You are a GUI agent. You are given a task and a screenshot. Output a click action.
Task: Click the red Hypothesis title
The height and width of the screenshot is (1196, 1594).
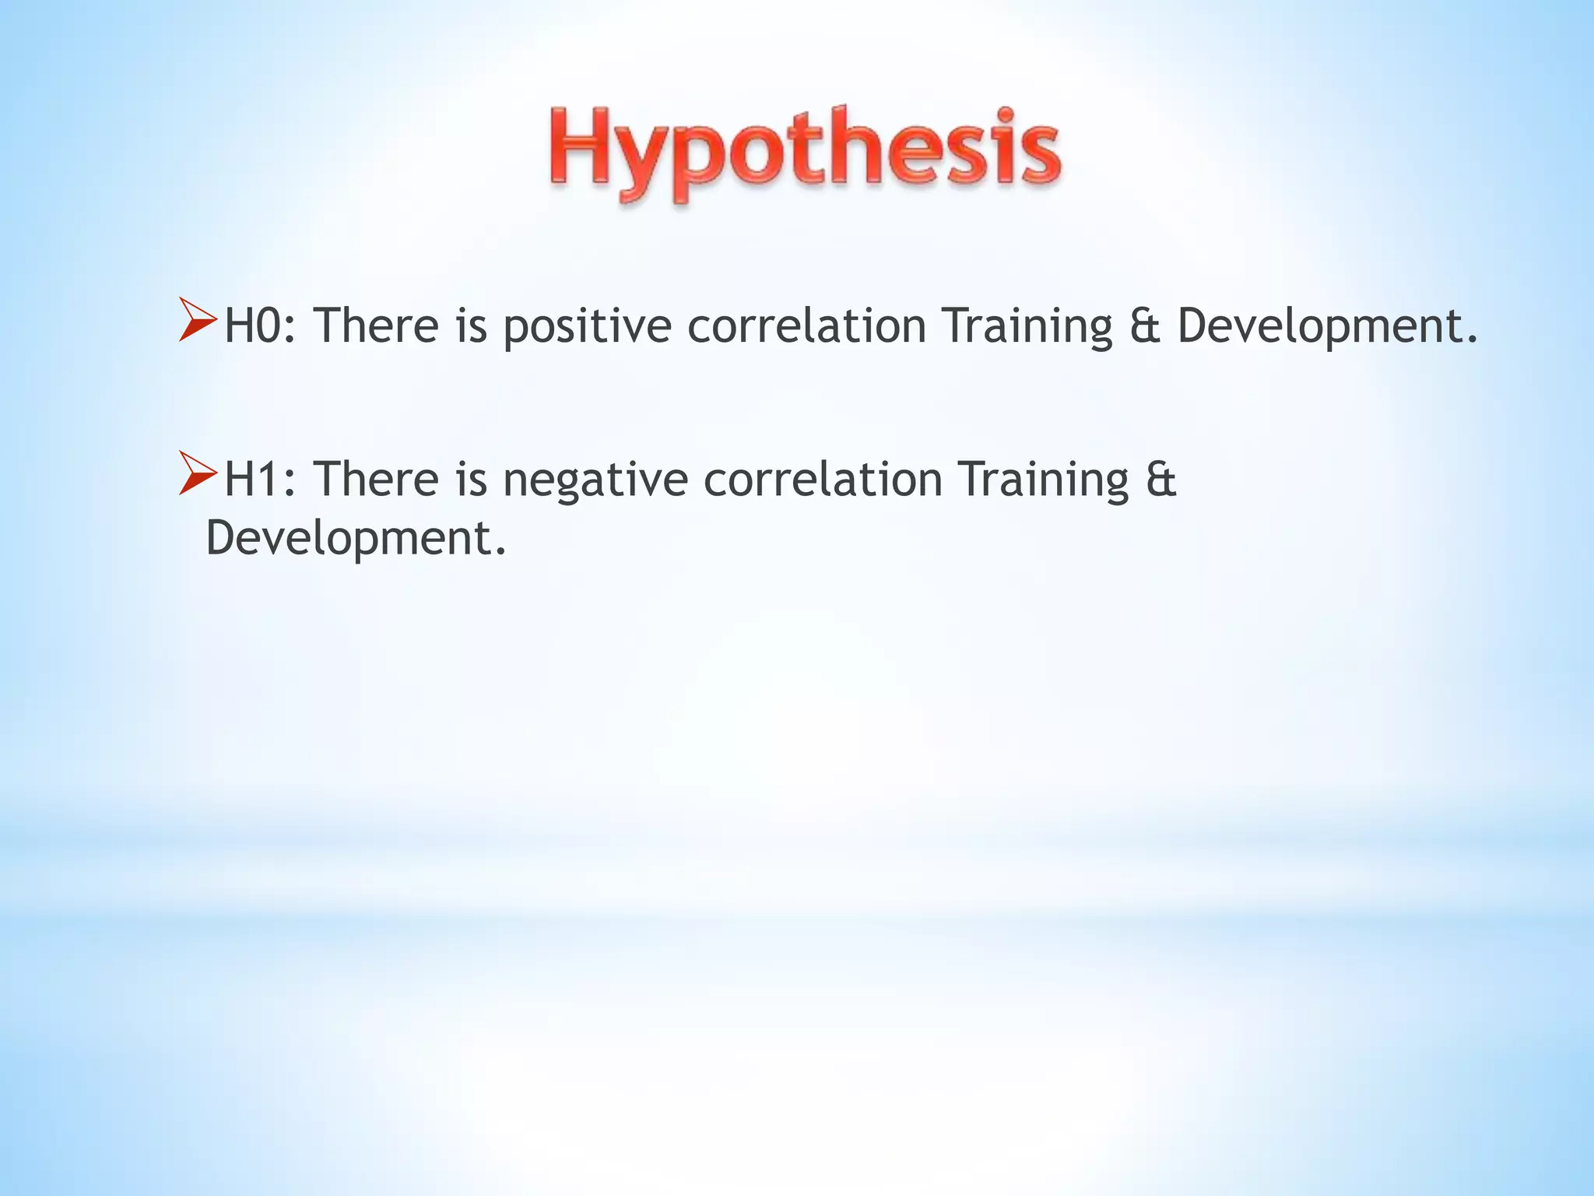805,153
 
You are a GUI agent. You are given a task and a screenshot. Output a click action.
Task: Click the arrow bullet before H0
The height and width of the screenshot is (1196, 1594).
197,320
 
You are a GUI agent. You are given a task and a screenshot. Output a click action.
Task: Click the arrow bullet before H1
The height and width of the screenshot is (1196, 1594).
197,473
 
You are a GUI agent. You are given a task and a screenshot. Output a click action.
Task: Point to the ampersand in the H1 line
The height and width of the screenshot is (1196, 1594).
1160,479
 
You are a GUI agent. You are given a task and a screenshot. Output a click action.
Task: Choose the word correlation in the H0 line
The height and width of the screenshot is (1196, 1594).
806,325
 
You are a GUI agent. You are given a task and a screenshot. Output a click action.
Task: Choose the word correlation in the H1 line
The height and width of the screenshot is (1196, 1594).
823,479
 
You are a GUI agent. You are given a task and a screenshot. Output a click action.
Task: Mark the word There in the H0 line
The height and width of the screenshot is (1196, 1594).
377,325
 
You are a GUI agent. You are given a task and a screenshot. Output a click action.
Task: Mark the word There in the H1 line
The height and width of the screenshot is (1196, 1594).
377,479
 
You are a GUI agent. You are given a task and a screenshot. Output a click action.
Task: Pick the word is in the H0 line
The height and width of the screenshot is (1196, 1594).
471,325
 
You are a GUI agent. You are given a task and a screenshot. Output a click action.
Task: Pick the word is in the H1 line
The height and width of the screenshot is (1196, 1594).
471,479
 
